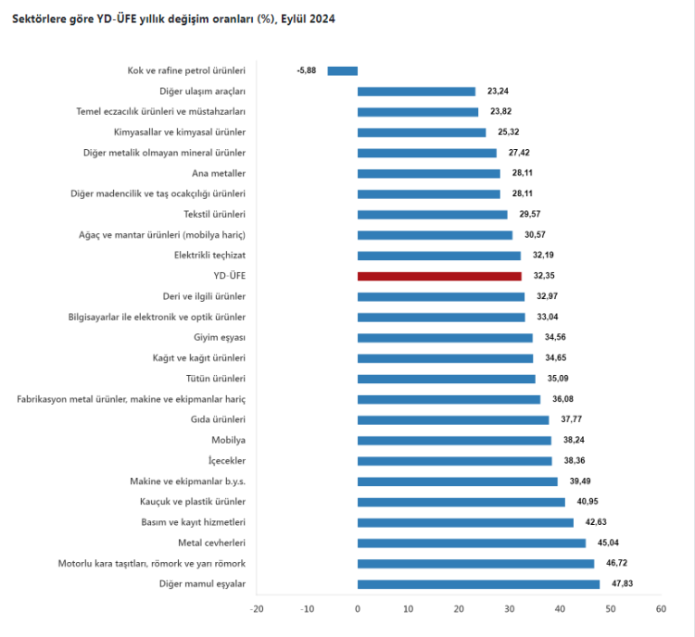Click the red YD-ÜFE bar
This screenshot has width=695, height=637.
pos(439,276)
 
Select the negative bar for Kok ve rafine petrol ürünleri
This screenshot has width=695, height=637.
pos(343,70)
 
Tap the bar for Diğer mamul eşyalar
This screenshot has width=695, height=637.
pos(478,584)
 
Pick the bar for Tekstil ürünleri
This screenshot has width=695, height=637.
pos(433,215)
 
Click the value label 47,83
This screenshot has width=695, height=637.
pos(622,584)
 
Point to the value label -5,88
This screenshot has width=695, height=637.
pos(307,70)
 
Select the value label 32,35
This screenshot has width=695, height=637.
pos(544,276)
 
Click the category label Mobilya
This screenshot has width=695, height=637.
pos(228,441)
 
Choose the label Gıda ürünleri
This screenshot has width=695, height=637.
pos(218,419)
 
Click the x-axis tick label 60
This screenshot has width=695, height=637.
pos(660,609)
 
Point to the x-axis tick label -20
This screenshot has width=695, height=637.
pos(257,609)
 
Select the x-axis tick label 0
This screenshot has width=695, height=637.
pos(358,609)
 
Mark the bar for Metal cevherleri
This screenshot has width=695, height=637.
pos(472,543)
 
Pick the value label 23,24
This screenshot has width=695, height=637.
pos(498,91)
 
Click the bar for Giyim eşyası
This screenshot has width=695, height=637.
pos(445,338)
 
